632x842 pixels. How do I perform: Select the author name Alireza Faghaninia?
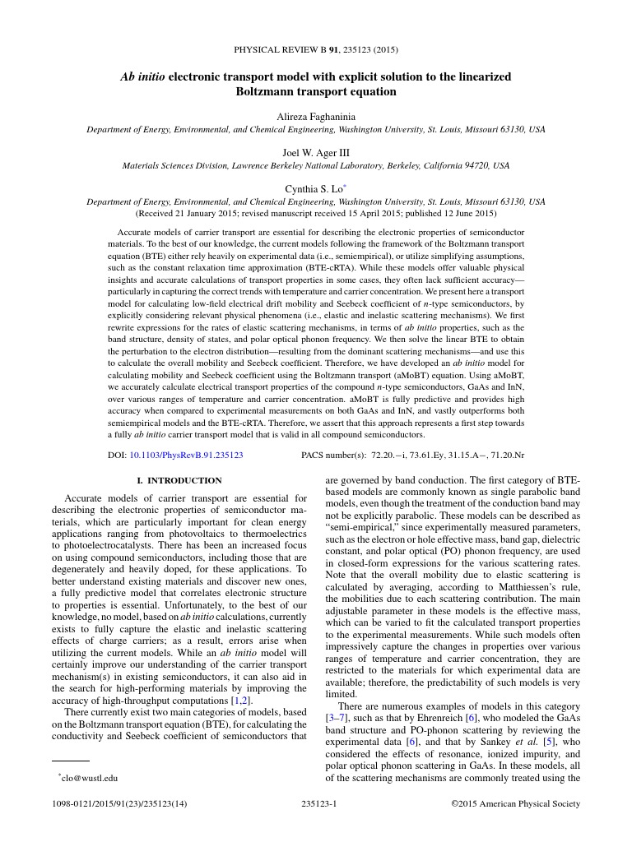tap(315, 117)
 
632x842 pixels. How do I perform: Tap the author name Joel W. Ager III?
tap(315, 152)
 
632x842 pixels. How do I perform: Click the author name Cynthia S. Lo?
tap(314, 188)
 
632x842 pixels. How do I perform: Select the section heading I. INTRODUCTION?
tap(179, 480)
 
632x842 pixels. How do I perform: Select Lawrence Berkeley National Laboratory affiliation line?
tap(315, 165)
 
